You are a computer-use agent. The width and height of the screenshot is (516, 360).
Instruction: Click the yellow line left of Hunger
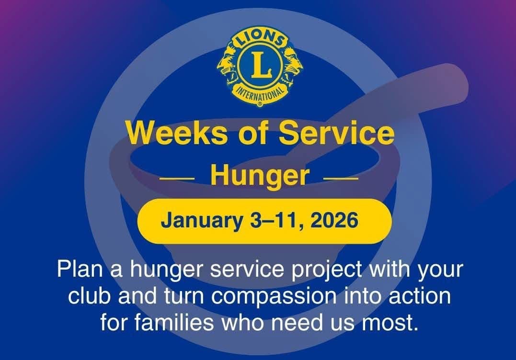click(177, 179)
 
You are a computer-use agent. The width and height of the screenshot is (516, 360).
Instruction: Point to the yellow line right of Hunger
click(341, 179)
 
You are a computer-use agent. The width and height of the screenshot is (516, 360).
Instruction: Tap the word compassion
click(274, 297)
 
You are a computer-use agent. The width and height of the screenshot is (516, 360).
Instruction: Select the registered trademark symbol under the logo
click(260, 104)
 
